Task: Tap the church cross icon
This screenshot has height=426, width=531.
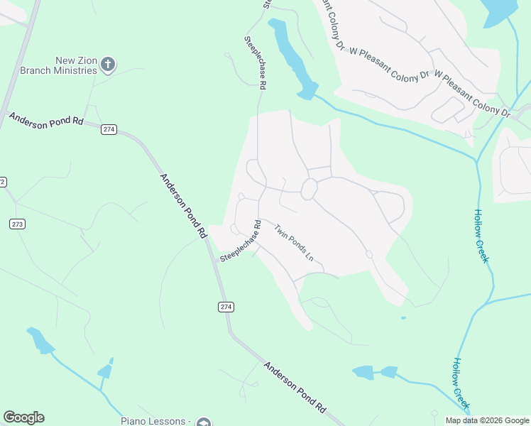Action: point(108,65)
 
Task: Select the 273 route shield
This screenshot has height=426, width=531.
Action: point(17,224)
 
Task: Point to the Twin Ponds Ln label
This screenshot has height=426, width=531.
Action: point(294,242)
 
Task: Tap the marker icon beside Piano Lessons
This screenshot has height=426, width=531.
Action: point(204,422)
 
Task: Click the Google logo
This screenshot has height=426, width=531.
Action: point(23,417)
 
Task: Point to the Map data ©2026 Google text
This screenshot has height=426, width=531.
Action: point(487,420)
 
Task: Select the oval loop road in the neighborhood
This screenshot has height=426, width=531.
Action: point(309,190)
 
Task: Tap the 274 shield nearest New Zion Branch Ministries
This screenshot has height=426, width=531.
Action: point(109,129)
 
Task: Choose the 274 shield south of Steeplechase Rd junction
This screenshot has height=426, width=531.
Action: point(225,307)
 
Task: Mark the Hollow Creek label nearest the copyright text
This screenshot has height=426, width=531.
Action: point(461,382)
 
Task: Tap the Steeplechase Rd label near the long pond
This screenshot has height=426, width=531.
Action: point(255,62)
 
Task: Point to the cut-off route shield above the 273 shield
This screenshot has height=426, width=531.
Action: point(2,182)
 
